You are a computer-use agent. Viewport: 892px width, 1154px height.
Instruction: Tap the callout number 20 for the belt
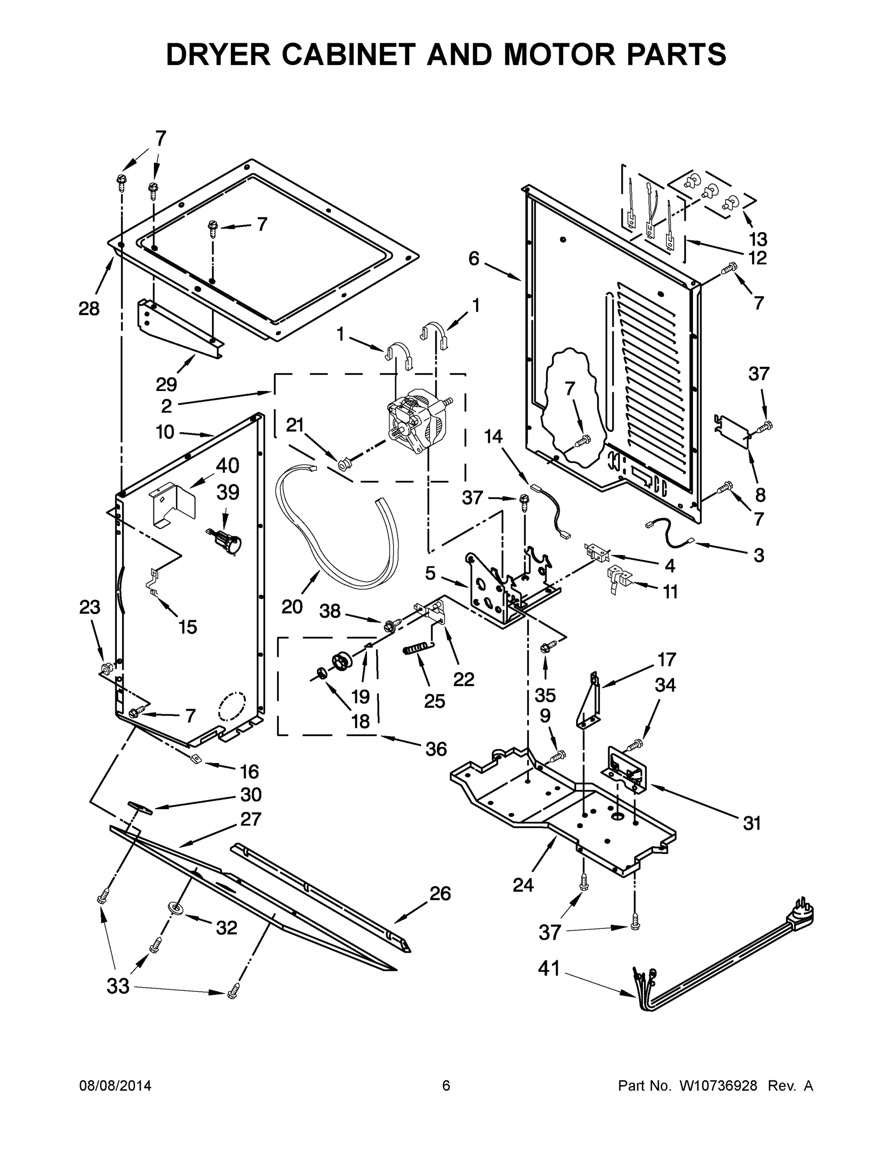coord(291,607)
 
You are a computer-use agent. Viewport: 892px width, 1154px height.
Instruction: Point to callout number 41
coord(549,968)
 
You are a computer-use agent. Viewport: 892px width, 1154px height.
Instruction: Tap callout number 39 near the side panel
coord(228,492)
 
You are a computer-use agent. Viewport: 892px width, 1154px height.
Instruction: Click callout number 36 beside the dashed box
coord(436,749)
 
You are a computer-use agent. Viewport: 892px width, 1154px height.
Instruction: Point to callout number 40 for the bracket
coord(227,465)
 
